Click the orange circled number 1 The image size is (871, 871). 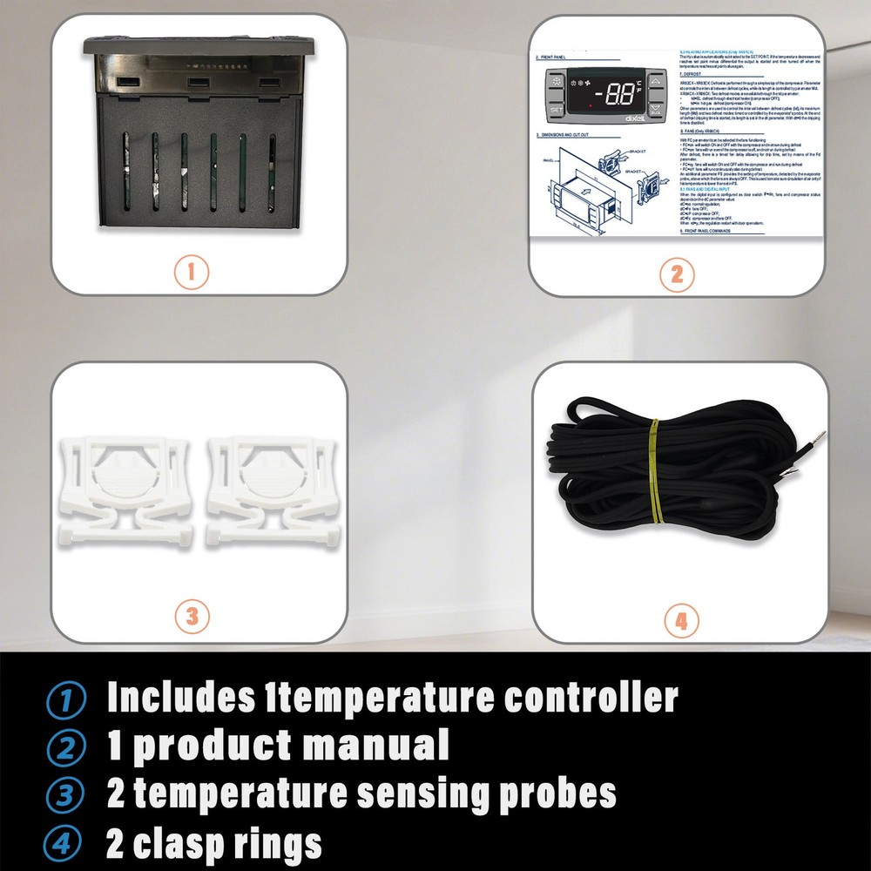pyautogui.click(x=192, y=271)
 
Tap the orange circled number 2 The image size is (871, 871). pyautogui.click(x=677, y=276)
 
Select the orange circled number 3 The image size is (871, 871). pyautogui.click(x=192, y=617)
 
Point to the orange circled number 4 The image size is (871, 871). pyautogui.click(x=681, y=621)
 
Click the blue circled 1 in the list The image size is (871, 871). pyautogui.click(x=65, y=699)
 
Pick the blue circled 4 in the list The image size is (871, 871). pyautogui.click(x=65, y=843)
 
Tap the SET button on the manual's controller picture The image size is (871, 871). pyautogui.click(x=557, y=111)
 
